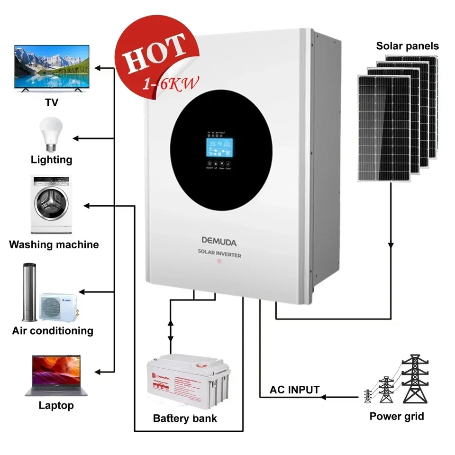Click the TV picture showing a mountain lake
(52, 67)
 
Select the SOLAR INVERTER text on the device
(219, 255)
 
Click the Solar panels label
(408, 46)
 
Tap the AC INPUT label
(294, 390)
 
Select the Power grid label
(397, 417)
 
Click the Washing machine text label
(54, 245)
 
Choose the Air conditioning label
(53, 330)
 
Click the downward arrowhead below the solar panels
(391, 246)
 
